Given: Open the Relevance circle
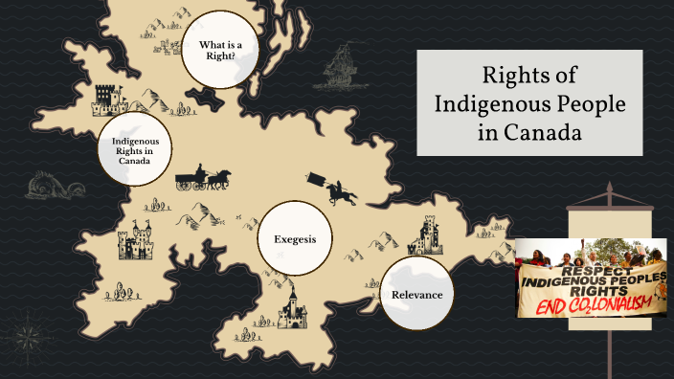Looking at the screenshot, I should click(416, 294).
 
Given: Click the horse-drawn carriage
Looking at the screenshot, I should click(203, 178).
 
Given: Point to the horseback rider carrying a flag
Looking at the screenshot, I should click(331, 188).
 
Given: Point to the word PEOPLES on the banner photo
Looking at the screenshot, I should click(633, 279).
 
